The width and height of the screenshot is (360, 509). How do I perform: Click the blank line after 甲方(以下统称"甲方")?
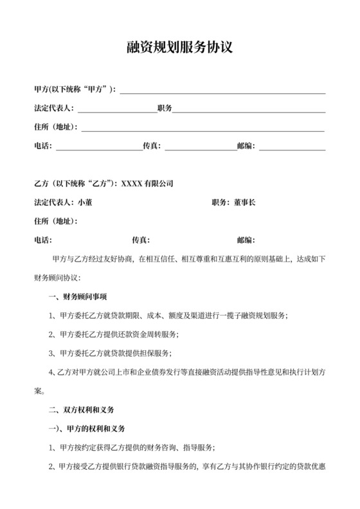[x=222, y=90]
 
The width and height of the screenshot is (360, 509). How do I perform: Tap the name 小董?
[x=85, y=202]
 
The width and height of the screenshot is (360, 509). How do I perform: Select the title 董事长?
[x=244, y=202]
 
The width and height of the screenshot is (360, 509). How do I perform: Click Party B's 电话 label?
[x=42, y=240]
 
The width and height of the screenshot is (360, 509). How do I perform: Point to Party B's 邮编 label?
[x=246, y=240]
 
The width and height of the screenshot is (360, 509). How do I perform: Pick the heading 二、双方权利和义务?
[x=82, y=409]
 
